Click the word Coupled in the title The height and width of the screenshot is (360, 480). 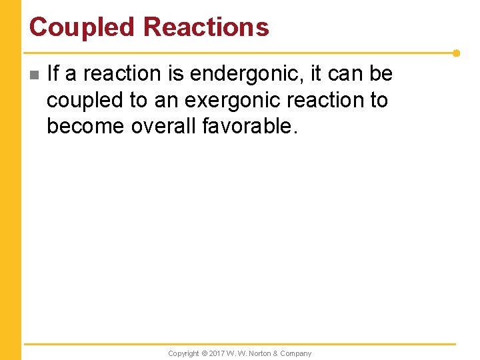[x=83, y=27]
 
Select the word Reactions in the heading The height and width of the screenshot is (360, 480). [x=206, y=27]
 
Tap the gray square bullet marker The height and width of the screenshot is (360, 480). [x=35, y=75]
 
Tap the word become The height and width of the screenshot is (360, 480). [x=85, y=126]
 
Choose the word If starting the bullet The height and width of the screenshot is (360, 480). [x=53, y=74]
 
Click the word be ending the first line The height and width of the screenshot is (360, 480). [x=381, y=74]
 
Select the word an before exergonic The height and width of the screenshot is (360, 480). [x=167, y=100]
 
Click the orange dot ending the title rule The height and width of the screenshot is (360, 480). [x=456, y=53]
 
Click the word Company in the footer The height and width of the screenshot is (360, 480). [x=296, y=353]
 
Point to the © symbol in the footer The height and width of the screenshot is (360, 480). [x=205, y=353]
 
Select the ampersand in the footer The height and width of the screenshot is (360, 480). [x=276, y=353]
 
